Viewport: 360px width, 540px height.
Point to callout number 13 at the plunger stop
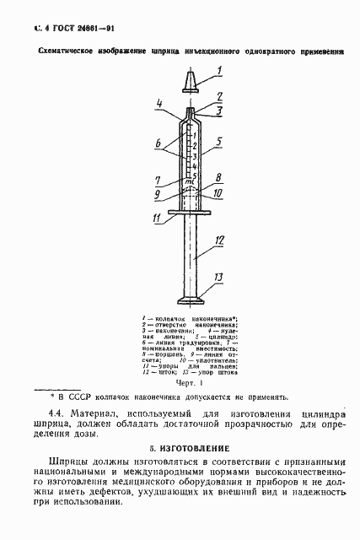click(x=218, y=278)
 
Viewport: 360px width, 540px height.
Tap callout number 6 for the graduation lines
click(x=158, y=145)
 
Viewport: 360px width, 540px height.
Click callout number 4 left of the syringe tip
click(x=159, y=103)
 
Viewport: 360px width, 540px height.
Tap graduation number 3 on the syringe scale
click(x=194, y=155)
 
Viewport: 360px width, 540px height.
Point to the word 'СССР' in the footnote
click(x=84, y=395)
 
